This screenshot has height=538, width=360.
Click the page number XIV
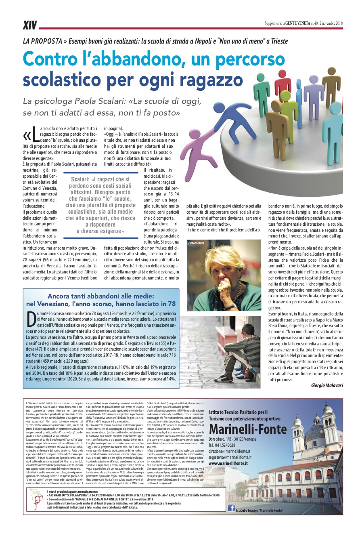(x=29, y=25)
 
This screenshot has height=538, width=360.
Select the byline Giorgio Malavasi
(x=327, y=385)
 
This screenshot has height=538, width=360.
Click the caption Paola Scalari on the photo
(x=197, y=243)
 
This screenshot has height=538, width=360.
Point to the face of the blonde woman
(x=223, y=265)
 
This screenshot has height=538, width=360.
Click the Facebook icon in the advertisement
(x=231, y=508)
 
